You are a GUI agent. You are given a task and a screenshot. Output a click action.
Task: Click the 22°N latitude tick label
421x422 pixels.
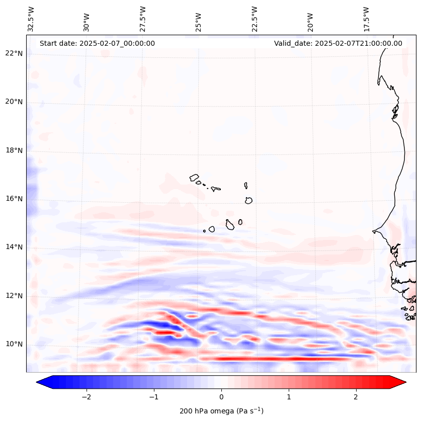[14, 53]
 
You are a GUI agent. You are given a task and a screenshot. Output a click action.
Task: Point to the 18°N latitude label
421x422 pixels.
[14, 150]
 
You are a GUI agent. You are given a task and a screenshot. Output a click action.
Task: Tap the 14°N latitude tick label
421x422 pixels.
[14, 247]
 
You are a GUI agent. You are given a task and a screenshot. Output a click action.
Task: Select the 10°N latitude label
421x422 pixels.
[14, 344]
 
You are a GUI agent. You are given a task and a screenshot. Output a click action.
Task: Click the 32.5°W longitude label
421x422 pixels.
[31, 20]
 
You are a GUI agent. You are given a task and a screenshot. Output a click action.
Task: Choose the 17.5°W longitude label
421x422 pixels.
[366, 20]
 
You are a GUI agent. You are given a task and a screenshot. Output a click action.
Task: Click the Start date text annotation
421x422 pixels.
[97, 43]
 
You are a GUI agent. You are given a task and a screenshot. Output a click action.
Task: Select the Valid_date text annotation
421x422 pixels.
[338, 43]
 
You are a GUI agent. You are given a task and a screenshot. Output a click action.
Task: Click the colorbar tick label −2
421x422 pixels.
[86, 397]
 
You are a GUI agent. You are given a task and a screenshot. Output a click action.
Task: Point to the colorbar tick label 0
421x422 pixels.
[221, 397]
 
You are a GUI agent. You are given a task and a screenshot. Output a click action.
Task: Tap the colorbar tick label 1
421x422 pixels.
[289, 397]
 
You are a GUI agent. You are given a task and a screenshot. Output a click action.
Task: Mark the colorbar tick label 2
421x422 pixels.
[356, 397]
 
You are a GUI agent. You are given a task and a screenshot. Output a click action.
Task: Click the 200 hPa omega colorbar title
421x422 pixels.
[221, 411]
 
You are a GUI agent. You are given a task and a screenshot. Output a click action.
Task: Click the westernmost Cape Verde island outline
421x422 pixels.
[194, 178]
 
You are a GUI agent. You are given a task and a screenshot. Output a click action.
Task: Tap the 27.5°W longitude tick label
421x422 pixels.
[143, 20]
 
